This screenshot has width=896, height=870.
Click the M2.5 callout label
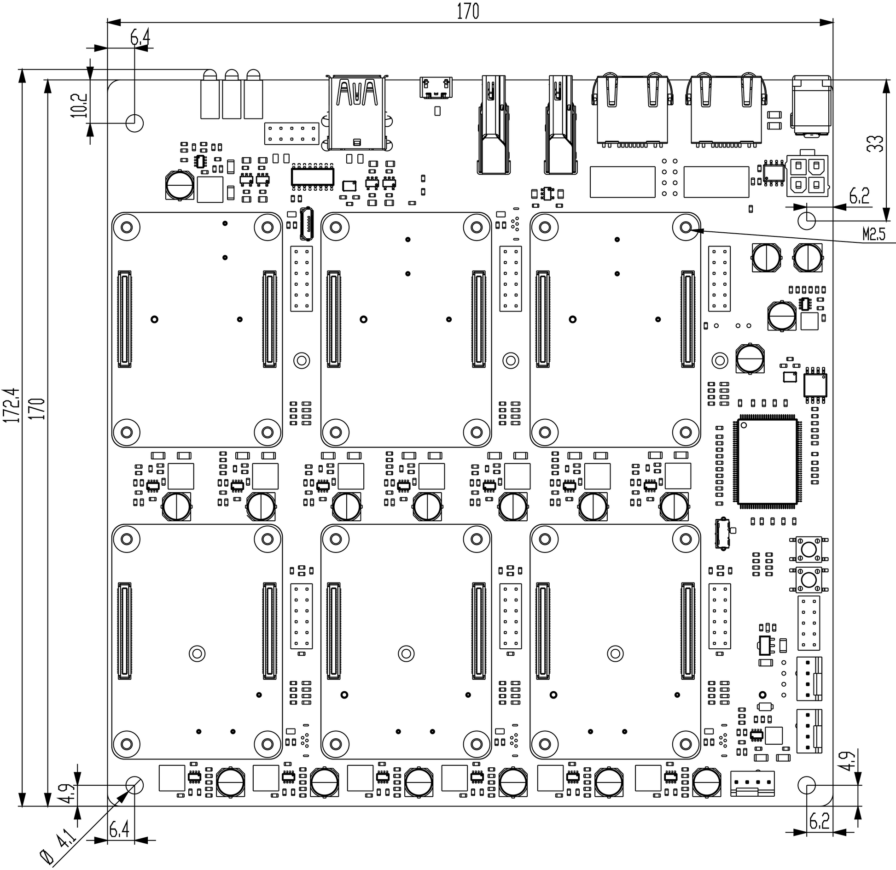coord(873,235)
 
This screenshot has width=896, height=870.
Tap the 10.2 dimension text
coord(79,106)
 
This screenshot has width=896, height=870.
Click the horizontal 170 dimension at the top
coord(468,12)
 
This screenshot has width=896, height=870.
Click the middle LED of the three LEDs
coord(232,94)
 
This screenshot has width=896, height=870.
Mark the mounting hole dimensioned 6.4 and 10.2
coord(134,123)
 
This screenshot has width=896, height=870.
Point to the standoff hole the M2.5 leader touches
coord(686,227)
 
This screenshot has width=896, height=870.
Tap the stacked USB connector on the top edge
coord(357,113)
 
